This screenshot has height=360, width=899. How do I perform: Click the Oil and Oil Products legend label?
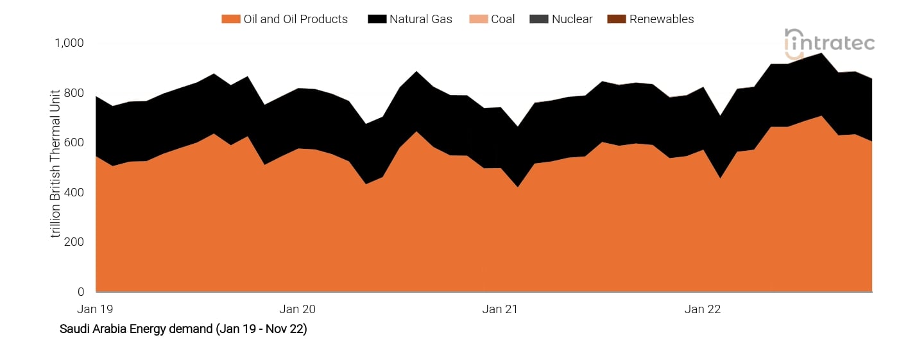[295, 19]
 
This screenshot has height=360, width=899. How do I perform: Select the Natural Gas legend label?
[420, 19]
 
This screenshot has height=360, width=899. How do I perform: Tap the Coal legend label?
[502, 19]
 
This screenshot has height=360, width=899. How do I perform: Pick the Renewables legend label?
[661, 19]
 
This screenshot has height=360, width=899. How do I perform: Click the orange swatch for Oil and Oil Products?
[230, 19]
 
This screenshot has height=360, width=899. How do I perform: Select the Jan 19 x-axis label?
[95, 309]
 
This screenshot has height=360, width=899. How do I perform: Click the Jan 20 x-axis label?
[298, 309]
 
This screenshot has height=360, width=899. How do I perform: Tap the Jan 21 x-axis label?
[500, 309]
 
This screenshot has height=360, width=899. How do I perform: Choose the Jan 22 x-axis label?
[703, 309]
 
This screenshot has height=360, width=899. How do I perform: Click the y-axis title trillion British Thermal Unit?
[56, 164]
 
